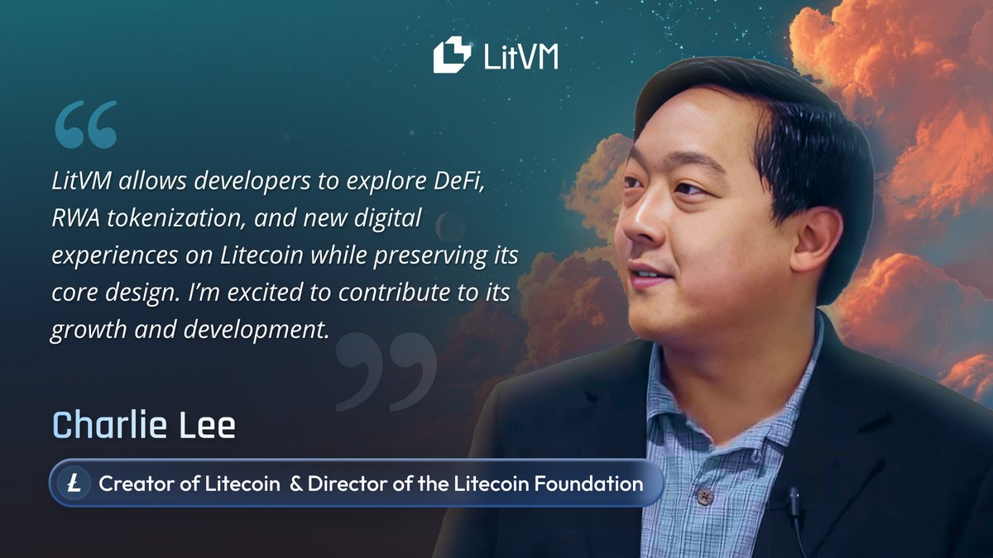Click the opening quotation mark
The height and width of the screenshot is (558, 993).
click(x=86, y=125)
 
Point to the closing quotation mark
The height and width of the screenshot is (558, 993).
click(x=386, y=372)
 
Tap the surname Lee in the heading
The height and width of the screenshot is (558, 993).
click(x=210, y=425)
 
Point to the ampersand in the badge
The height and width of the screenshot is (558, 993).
click(x=295, y=484)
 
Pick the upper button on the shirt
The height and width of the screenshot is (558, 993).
click(x=704, y=495)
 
